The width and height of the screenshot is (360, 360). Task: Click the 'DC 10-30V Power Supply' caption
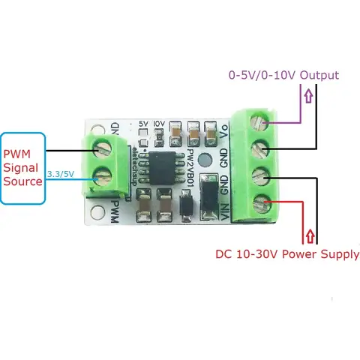287,254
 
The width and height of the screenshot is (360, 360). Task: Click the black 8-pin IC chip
162,167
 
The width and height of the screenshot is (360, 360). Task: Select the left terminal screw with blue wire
102,178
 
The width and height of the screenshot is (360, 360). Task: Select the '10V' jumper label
158,123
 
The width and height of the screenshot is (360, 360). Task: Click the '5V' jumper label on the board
144,123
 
